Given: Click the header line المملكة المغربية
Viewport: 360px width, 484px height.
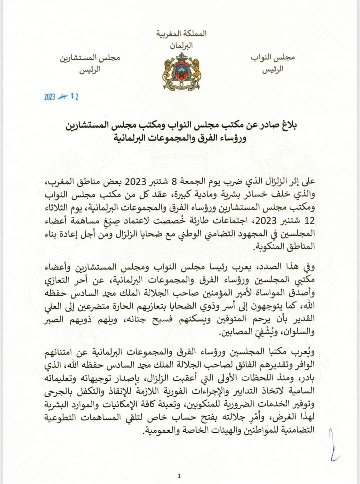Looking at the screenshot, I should (x=182, y=33).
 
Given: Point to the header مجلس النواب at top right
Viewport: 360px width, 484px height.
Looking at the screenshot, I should (x=273, y=57).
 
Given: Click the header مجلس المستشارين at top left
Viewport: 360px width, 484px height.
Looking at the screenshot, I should (x=90, y=57).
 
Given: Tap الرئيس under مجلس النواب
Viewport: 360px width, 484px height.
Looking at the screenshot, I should (x=273, y=70).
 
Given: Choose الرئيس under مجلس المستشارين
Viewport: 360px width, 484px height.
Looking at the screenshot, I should (x=90, y=70).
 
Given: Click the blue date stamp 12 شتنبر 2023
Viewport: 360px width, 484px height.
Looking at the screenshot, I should (x=61, y=97).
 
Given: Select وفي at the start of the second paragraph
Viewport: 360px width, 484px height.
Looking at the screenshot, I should (x=309, y=267).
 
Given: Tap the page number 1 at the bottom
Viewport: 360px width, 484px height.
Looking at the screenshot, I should (x=179, y=475).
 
